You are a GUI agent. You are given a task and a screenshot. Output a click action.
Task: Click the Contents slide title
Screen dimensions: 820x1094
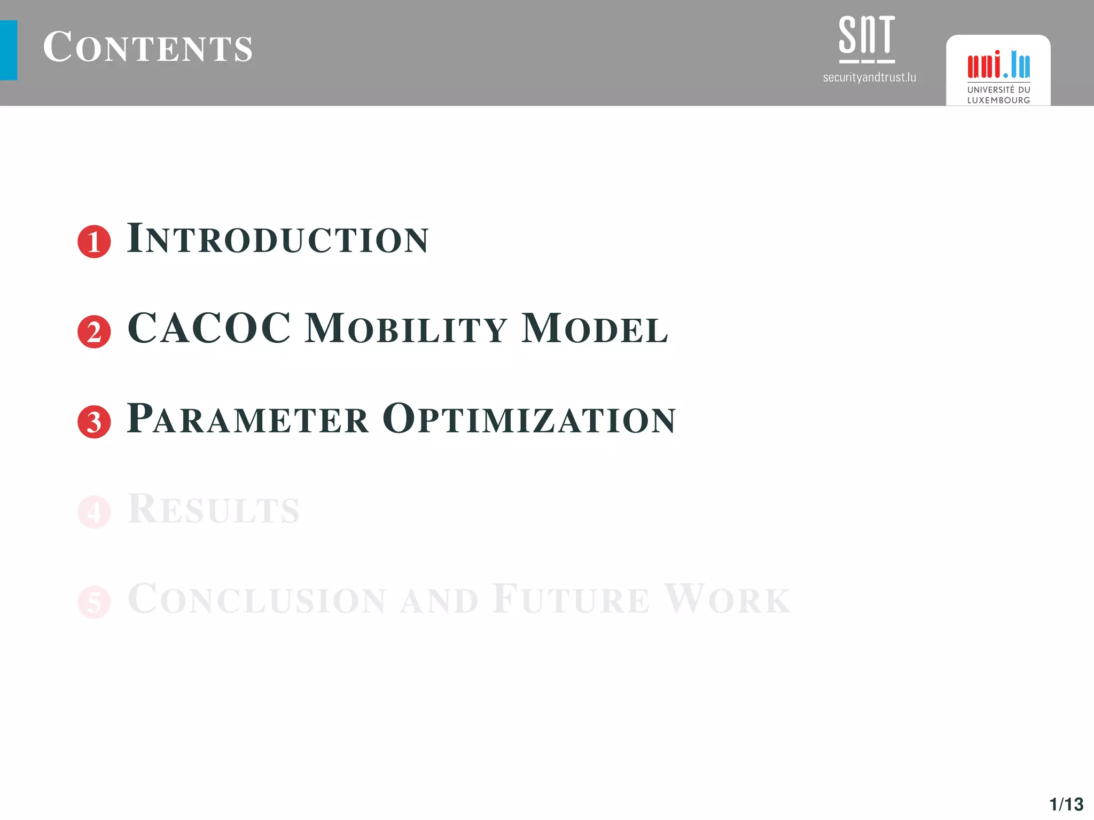coord(147,48)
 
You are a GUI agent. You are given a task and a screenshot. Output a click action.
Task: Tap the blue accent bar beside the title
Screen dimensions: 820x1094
coord(9,50)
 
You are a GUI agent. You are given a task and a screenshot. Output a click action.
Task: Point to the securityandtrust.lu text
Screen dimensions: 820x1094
coord(869,77)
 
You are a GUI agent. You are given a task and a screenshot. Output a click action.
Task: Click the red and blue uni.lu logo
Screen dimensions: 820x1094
coord(998,65)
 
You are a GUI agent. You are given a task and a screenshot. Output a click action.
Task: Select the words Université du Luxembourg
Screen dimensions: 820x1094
coord(998,95)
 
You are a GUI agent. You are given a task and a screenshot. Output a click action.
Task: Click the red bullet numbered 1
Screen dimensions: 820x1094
coord(94,242)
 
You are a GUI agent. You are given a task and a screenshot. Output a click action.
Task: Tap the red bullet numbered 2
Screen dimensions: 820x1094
coord(94,332)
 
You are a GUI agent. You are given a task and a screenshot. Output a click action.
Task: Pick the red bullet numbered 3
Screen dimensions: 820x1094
coord(94,422)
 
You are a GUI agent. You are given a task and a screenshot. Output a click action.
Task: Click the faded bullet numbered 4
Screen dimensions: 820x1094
coord(94,511)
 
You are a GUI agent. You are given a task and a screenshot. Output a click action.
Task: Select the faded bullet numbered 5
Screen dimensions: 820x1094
coord(94,602)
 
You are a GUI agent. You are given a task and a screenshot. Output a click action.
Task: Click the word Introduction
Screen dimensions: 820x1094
coord(278,238)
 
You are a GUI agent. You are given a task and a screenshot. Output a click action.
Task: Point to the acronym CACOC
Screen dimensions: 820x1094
coord(209,328)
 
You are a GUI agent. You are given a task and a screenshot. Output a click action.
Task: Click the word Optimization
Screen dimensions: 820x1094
coord(529,418)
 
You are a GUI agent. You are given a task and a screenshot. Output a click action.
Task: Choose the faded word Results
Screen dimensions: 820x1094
coord(213,508)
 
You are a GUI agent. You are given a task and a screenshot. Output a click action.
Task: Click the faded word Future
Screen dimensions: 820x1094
coord(571,598)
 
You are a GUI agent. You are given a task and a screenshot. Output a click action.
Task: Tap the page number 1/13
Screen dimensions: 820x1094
coord(1066,804)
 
